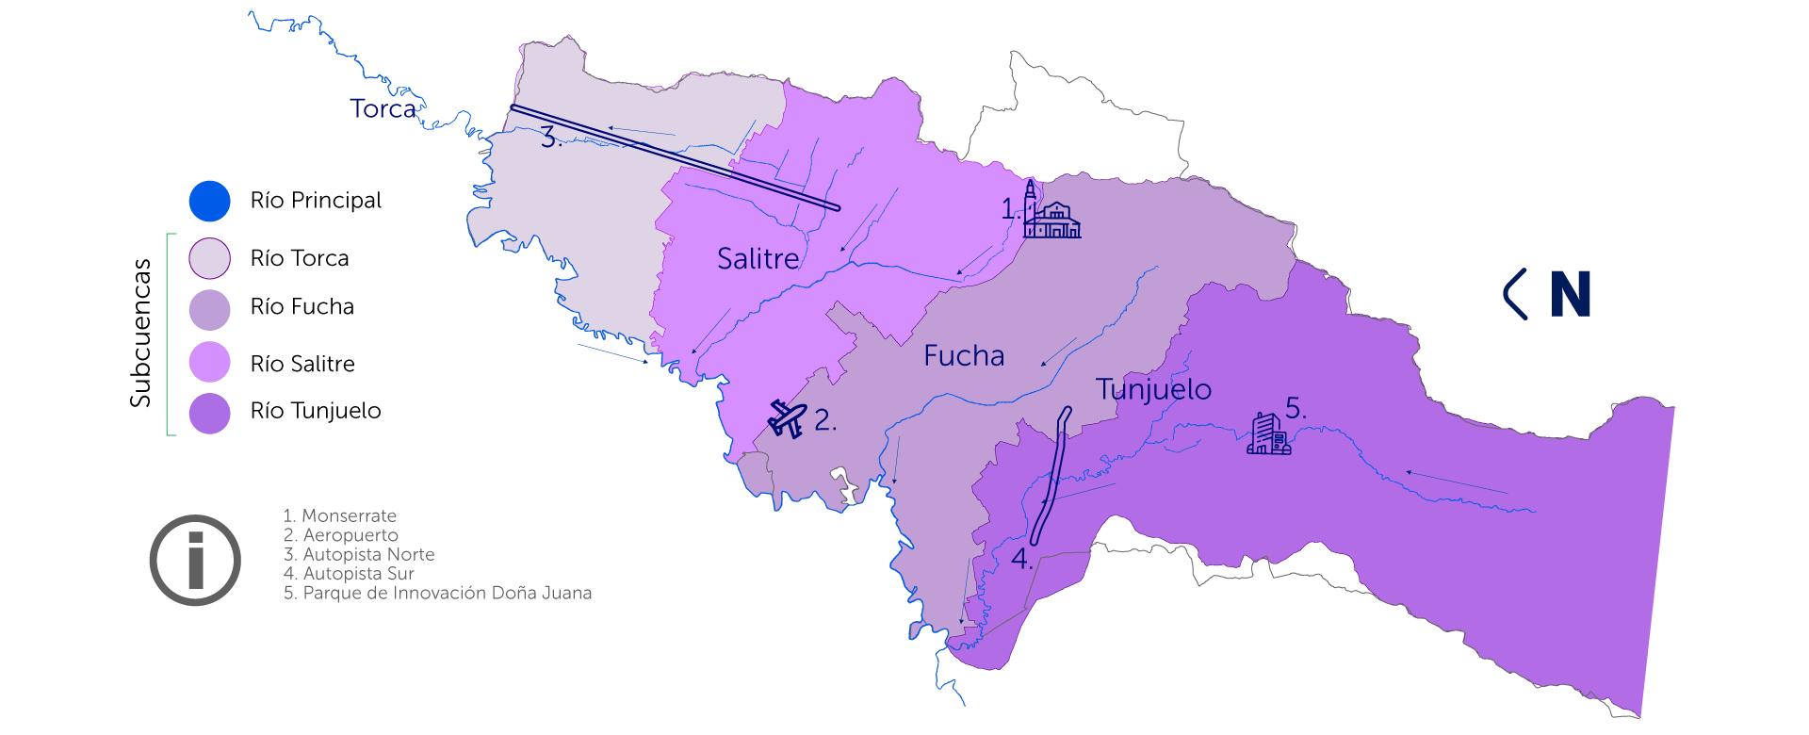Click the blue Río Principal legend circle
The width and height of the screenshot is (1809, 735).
coord(209,201)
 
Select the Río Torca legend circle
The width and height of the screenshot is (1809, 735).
coord(209,258)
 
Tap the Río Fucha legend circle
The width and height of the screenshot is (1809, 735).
coord(209,309)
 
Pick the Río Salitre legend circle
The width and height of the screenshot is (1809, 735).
coord(209,362)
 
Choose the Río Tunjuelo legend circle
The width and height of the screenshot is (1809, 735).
coord(209,414)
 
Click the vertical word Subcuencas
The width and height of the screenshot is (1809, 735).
coord(140,333)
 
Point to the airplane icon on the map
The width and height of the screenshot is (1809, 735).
coord(787,417)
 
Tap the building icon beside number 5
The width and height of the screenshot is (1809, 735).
coord(1268,434)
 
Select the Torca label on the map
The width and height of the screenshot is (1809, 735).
coord(383,109)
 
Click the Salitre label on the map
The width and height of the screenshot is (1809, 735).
coord(758,259)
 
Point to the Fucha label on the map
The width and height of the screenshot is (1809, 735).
coord(964,356)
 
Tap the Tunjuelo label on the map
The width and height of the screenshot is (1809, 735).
coord(1153,389)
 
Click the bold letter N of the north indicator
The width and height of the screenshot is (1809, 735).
coord(1570,294)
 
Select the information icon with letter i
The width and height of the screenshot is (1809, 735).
coord(195,560)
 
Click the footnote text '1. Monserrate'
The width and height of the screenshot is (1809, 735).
coord(340,516)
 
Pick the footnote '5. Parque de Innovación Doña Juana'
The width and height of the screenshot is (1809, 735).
coord(437,594)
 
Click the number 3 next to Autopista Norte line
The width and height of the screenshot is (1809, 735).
coord(549,139)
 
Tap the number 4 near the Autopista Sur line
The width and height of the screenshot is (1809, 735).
coord(1020,559)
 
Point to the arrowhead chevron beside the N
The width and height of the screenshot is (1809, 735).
coord(1515,294)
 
